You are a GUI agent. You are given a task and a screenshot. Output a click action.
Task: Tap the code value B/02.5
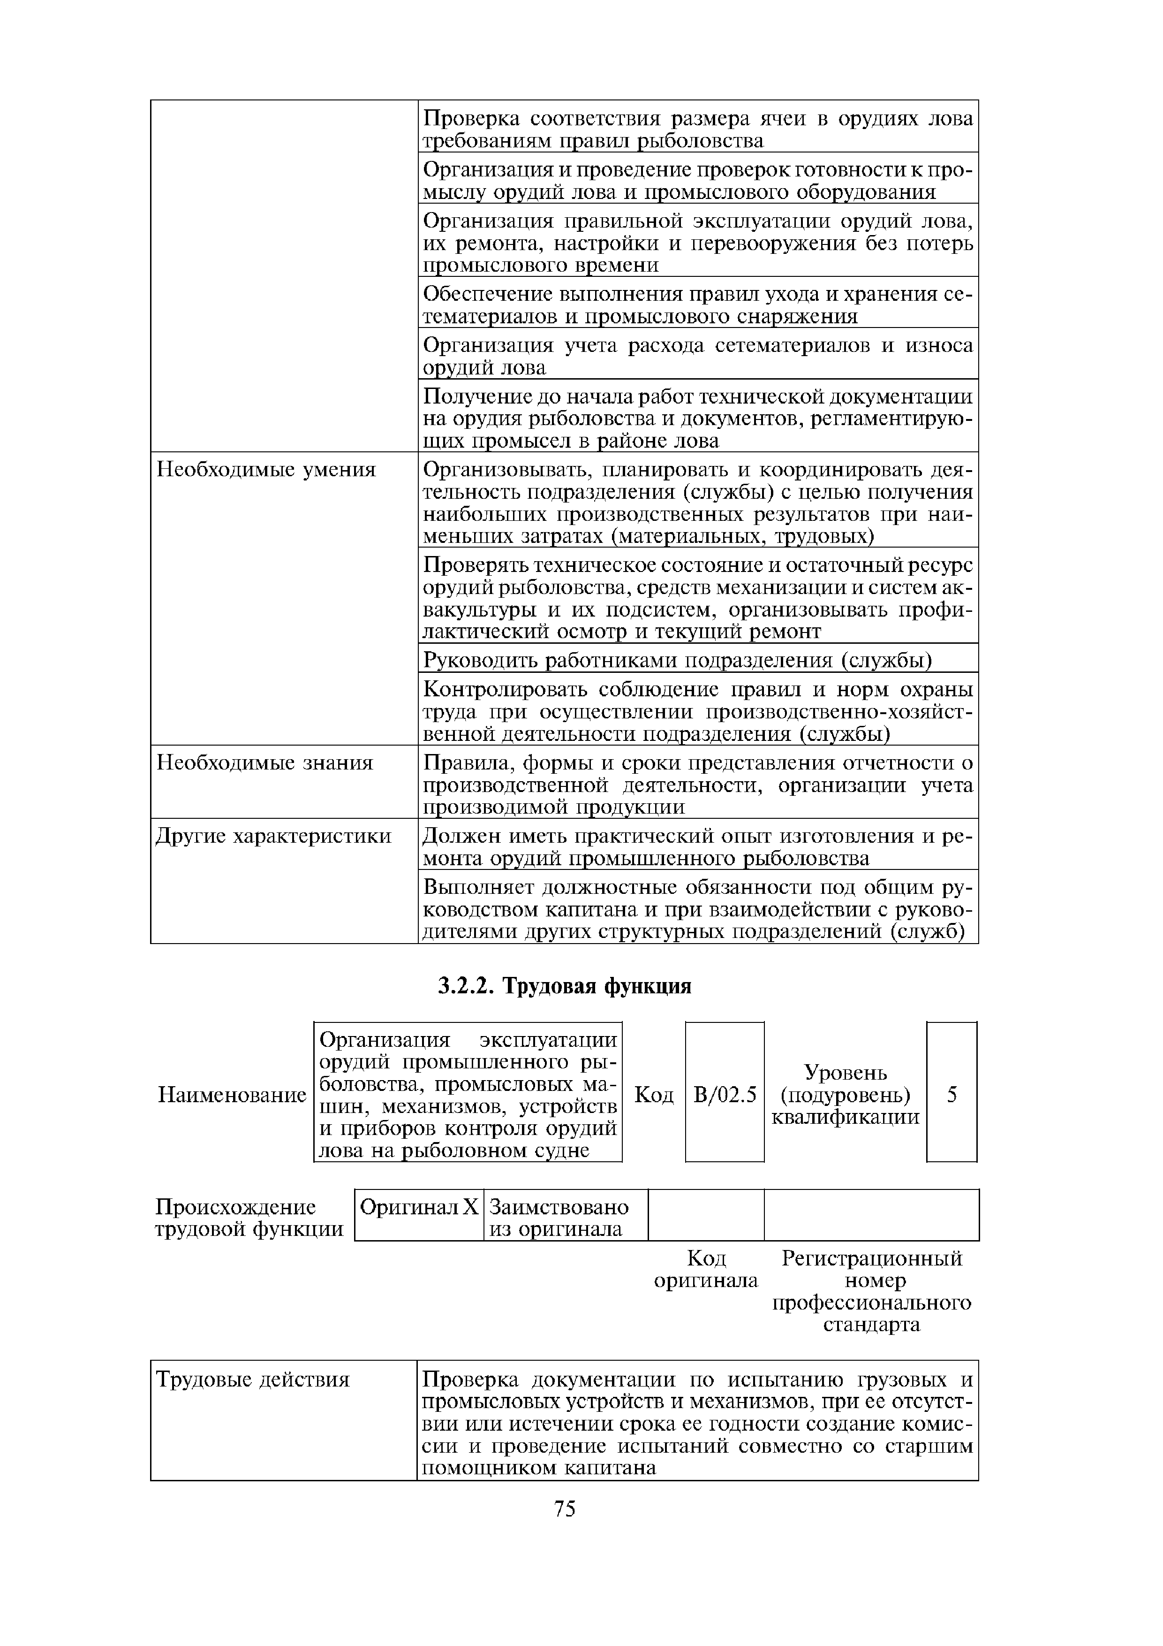(x=725, y=1095)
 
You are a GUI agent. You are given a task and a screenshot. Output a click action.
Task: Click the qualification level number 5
(x=952, y=1095)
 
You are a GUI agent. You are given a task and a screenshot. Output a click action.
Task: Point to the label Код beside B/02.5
(x=654, y=1095)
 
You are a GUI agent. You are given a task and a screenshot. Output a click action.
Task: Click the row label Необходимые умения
(x=266, y=470)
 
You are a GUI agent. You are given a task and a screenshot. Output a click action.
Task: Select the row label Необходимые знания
(x=265, y=763)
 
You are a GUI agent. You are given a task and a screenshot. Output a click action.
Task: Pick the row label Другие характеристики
(x=274, y=836)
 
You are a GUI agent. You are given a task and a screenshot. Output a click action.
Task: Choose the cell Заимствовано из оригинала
(x=559, y=1218)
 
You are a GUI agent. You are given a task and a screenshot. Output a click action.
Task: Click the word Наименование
(x=232, y=1095)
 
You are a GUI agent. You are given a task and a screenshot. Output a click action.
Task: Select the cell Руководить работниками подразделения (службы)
(x=677, y=660)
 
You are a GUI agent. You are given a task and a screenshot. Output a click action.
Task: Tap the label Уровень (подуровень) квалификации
(x=846, y=1095)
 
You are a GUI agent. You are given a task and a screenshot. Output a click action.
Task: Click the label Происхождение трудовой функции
(x=249, y=1218)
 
